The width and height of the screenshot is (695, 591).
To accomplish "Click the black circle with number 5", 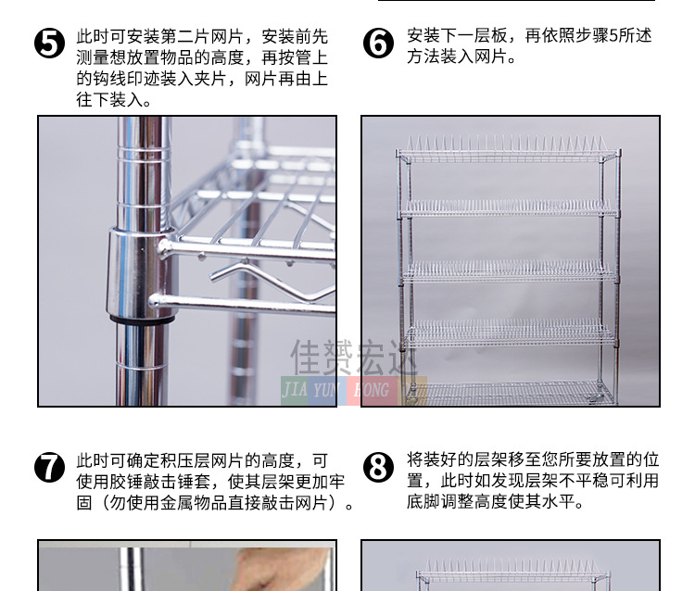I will coord(49,44).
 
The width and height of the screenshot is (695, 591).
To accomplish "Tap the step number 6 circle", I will coord(378,44).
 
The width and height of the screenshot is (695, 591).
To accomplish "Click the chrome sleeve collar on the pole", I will coord(140,273).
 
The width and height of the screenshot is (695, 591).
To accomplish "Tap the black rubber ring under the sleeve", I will coord(142,319).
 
